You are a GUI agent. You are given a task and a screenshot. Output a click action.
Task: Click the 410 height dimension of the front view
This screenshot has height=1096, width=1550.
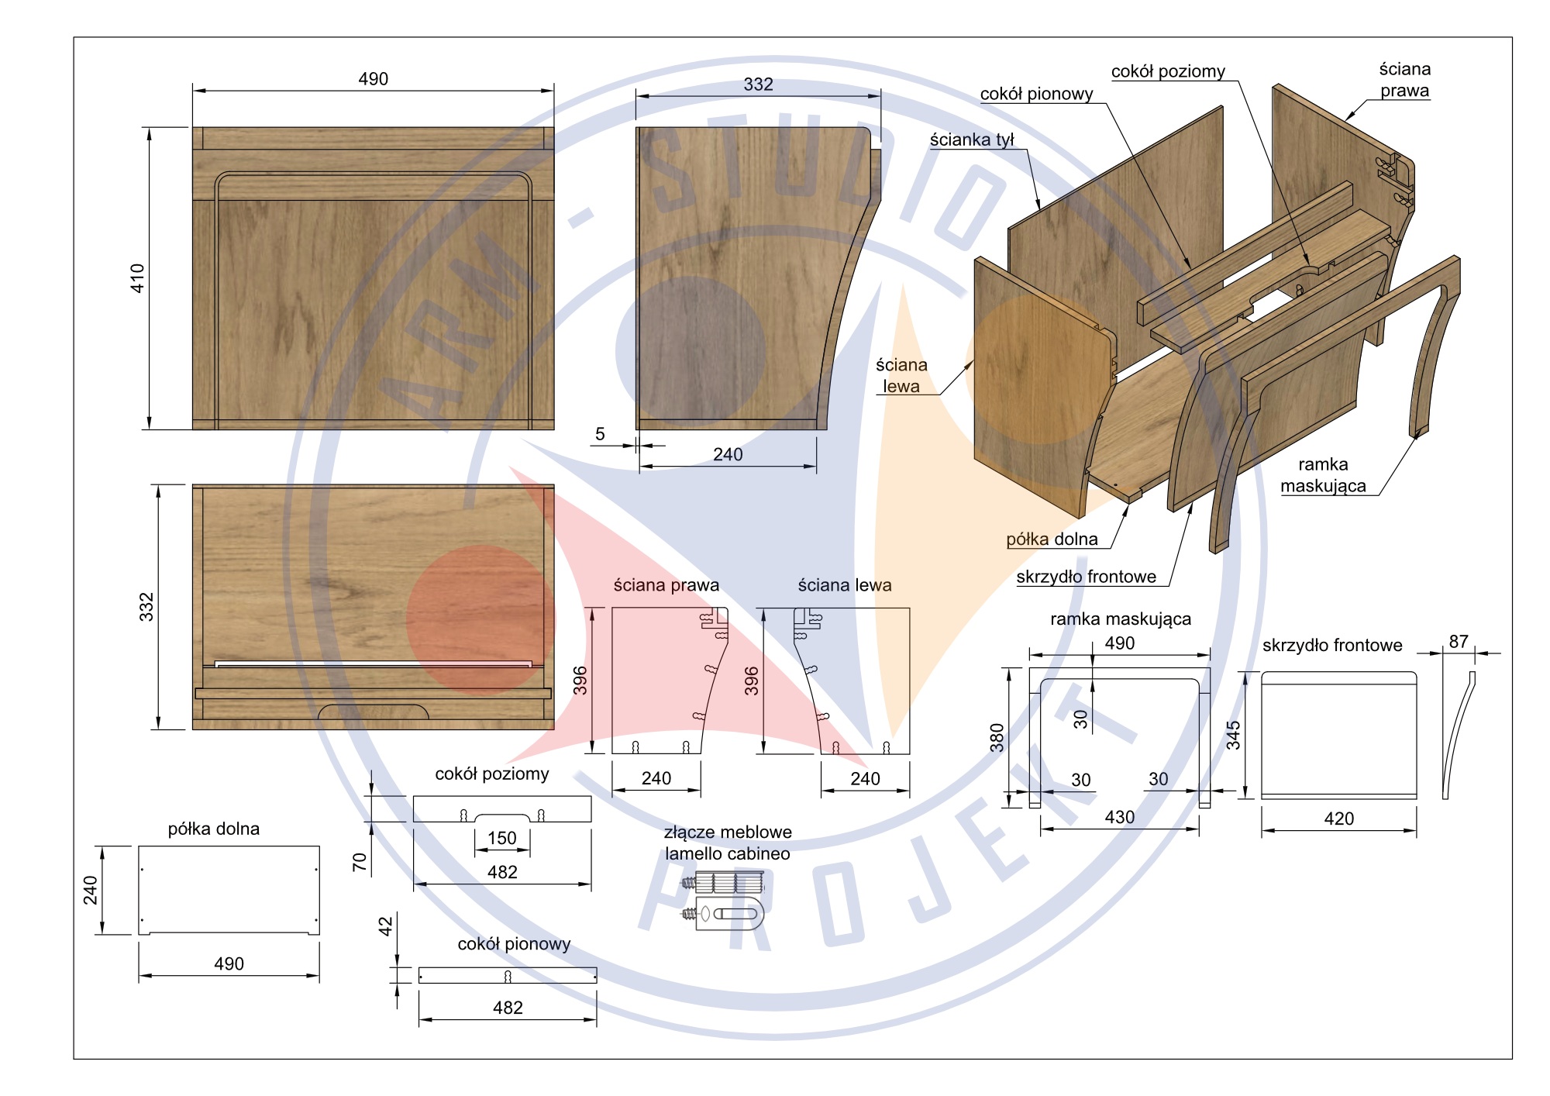click(137, 278)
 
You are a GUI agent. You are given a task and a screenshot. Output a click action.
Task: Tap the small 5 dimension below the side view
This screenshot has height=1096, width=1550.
click(600, 434)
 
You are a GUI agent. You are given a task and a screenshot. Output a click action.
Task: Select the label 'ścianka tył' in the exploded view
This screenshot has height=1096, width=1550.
click(972, 140)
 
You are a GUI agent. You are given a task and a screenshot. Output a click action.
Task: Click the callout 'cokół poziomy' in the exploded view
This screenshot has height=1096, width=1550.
click(1168, 71)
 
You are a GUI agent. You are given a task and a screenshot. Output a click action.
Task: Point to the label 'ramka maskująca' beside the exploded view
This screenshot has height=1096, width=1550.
click(1323, 475)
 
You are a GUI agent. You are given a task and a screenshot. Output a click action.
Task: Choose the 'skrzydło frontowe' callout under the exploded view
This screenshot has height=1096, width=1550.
click(1086, 577)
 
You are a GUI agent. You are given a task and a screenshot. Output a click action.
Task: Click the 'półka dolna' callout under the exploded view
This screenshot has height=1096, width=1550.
click(1052, 539)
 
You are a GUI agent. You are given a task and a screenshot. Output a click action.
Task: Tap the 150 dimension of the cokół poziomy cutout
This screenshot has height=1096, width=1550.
click(501, 838)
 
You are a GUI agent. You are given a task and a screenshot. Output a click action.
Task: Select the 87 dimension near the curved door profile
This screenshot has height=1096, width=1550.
click(1459, 642)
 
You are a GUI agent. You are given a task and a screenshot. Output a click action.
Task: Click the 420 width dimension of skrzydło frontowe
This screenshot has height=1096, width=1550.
click(1339, 819)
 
